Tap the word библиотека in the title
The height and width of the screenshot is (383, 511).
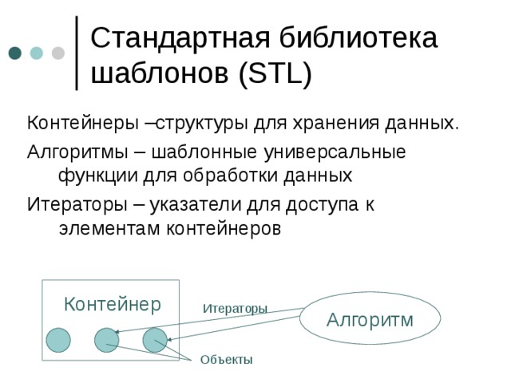coord(357,38)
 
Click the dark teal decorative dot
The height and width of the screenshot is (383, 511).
coord(15,53)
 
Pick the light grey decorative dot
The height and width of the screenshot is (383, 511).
coord(58,53)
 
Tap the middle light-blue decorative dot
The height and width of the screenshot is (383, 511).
coord(37,53)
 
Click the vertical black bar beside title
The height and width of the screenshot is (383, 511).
coord(76,53)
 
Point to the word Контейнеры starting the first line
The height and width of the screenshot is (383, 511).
coord(73,124)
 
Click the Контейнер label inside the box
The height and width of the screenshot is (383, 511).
coord(112,304)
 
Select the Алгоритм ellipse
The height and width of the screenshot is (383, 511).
coord(370,320)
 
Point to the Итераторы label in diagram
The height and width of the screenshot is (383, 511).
coord(235,308)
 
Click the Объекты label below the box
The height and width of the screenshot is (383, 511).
coord(226,361)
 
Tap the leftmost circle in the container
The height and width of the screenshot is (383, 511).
coord(58,340)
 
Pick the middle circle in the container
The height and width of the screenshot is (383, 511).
coord(107,340)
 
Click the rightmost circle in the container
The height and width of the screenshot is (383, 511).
coord(155,340)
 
